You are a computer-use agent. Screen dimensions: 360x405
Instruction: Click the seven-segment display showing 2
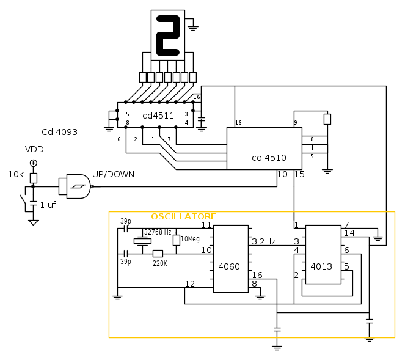168,35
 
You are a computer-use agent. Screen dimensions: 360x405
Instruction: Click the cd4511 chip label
158,116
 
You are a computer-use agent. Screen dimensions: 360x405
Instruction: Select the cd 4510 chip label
269,158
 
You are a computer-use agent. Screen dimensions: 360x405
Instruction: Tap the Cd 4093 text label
59,132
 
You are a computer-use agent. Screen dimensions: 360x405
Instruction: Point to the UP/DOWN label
113,174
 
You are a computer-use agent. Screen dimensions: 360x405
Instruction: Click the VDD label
34,149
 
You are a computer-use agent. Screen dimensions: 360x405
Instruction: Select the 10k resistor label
16,175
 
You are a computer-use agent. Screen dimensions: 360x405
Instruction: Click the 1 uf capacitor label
48,205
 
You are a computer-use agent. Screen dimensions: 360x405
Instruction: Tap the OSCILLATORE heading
183,217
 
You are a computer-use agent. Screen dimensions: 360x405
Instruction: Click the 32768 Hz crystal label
158,232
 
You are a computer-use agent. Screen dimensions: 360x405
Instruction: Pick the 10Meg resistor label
190,239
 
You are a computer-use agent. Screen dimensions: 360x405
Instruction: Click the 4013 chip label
321,266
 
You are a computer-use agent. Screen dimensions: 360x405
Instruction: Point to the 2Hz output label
267,242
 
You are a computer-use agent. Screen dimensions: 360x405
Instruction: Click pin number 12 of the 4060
190,284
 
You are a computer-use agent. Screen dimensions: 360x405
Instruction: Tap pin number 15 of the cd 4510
299,175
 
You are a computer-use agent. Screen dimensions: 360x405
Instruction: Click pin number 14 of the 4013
349,233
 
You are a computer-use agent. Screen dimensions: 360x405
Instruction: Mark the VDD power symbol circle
34,163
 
